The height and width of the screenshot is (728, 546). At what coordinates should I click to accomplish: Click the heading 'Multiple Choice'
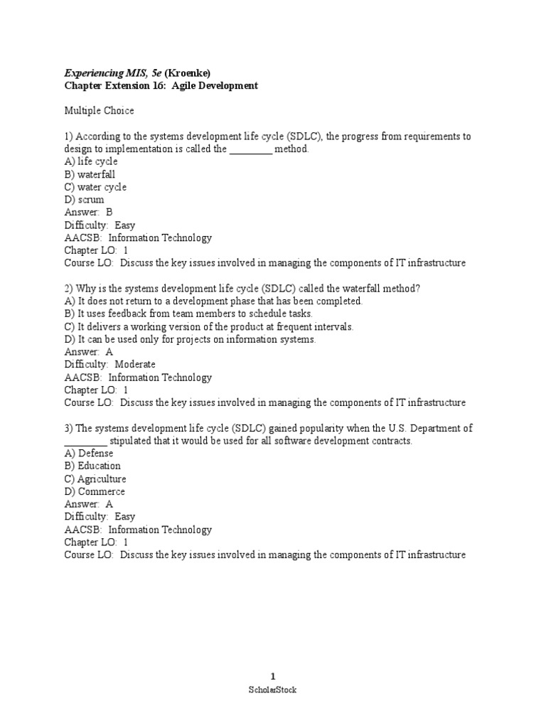pyautogui.click(x=99, y=111)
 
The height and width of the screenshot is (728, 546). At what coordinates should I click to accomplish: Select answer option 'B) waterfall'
pyautogui.click(x=90, y=174)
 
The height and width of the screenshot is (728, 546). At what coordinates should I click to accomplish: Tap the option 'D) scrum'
pyautogui.click(x=84, y=200)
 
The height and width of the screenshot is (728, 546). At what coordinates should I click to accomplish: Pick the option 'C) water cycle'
pyautogui.click(x=95, y=187)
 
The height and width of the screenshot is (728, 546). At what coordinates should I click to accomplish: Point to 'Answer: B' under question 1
pyautogui.click(x=88, y=212)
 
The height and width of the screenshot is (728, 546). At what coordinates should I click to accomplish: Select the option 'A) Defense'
pyautogui.click(x=88, y=453)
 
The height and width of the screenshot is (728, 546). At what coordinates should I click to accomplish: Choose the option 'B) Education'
pyautogui.click(x=92, y=466)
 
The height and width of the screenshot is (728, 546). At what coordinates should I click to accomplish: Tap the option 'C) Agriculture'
pyautogui.click(x=95, y=478)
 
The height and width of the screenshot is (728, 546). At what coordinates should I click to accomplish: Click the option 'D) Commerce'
pyautogui.click(x=94, y=491)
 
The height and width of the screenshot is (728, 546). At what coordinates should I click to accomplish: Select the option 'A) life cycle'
pyautogui.click(x=91, y=161)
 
